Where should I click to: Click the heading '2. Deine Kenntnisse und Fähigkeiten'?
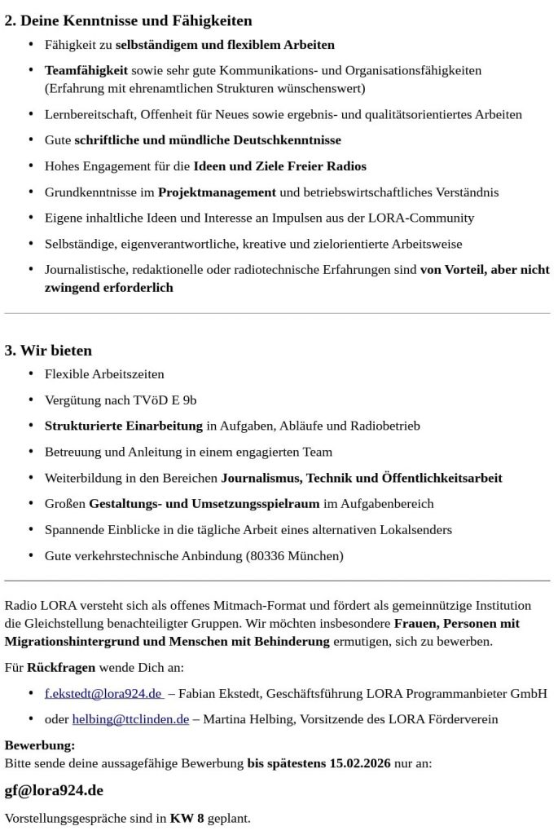tap(129, 20)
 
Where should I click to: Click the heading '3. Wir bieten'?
tap(48, 351)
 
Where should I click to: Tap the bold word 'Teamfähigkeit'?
tap(86, 71)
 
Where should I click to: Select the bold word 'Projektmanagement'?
tap(217, 192)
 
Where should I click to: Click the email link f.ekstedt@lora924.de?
tap(103, 694)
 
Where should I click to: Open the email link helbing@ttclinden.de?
tap(130, 719)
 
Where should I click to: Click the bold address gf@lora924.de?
tap(54, 791)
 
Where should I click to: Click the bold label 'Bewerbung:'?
tap(40, 745)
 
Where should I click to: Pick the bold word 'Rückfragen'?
tap(60, 668)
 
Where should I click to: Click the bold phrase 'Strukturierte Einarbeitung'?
tap(124, 426)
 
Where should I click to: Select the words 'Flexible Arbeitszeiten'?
tap(104, 374)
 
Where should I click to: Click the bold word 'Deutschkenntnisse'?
tap(289, 140)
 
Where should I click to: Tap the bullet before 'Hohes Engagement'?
tap(31, 166)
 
